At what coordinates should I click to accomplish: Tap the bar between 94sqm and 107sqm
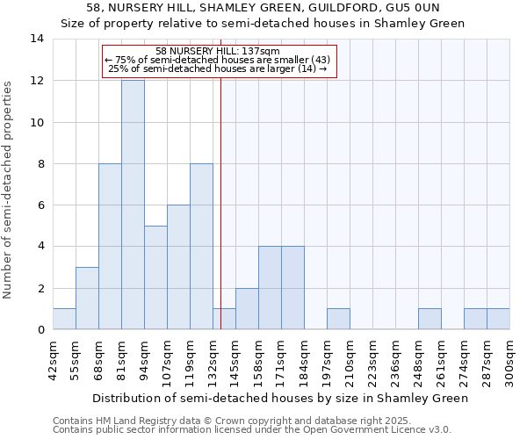coord(155,277)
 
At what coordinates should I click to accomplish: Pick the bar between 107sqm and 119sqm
coord(178,267)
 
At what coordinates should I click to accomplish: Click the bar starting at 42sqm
coord(64,320)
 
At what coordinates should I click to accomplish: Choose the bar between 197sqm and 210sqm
coord(338,320)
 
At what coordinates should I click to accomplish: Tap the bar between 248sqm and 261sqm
coord(430,320)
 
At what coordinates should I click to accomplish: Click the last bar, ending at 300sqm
coord(498,320)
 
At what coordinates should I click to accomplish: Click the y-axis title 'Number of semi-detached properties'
coord(9,189)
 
